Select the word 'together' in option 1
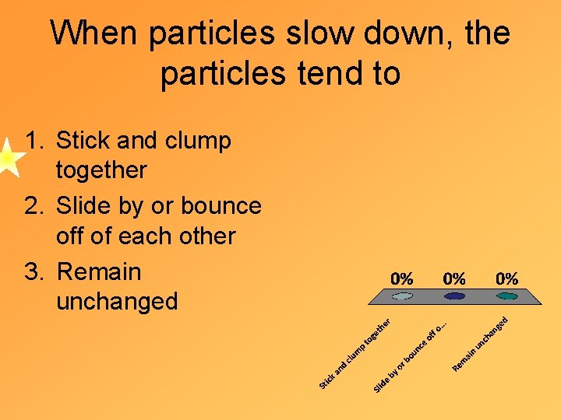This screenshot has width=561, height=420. click(x=101, y=170)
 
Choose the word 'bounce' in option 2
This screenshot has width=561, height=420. click(x=221, y=206)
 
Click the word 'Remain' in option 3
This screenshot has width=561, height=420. click(x=100, y=272)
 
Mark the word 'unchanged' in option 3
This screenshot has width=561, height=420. click(x=117, y=302)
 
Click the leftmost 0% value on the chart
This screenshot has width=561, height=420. click(x=402, y=278)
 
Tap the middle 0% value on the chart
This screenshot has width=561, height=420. click(x=454, y=278)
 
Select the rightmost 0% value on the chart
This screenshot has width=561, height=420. click(x=506, y=278)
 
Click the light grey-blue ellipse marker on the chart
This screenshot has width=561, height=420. click(x=402, y=296)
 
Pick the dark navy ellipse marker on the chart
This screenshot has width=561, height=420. click(x=454, y=296)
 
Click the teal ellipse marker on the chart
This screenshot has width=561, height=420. click(x=506, y=296)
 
